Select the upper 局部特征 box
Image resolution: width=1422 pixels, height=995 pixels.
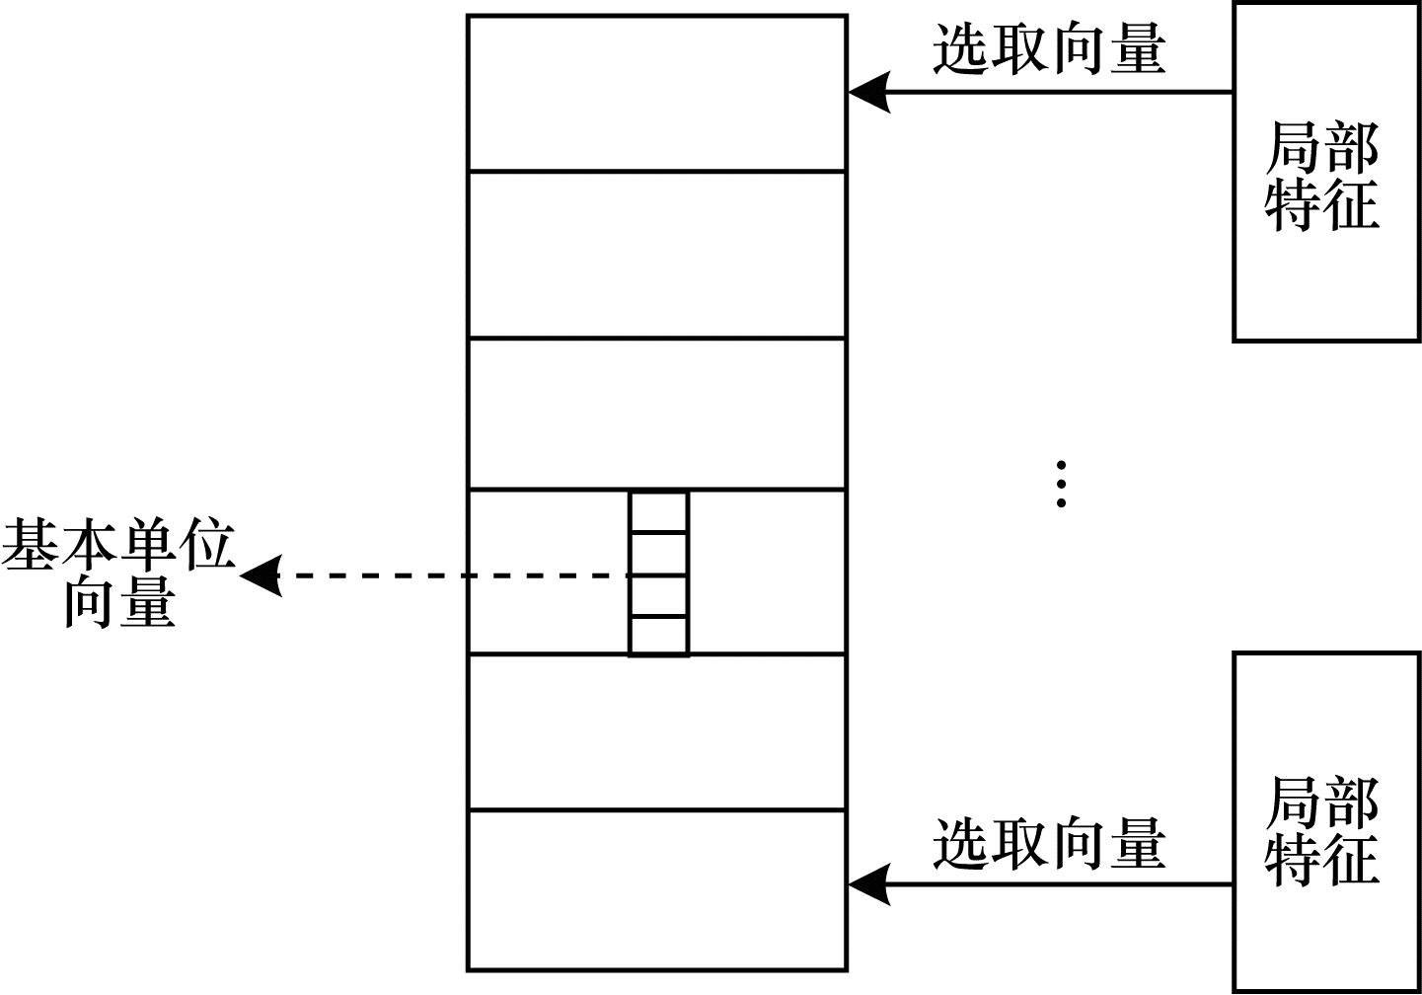click(1326, 172)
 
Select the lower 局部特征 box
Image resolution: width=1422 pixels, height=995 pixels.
click(1326, 822)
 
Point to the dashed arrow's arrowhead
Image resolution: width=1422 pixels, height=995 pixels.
click(259, 575)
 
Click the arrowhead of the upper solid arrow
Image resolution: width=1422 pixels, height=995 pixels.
click(868, 93)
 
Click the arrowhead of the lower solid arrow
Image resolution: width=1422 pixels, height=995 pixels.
click(868, 884)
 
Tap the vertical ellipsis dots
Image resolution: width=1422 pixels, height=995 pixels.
click(1061, 483)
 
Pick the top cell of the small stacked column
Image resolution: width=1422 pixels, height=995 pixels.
click(658, 511)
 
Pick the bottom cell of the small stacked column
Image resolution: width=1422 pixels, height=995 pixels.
click(658, 636)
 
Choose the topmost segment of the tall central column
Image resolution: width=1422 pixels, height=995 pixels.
click(656, 93)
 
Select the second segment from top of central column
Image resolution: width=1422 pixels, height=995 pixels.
click(656, 255)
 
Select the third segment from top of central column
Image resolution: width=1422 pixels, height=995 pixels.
click(656, 414)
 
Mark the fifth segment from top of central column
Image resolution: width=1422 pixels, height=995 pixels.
click(656, 732)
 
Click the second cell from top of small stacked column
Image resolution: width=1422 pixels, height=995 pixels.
click(658, 553)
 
